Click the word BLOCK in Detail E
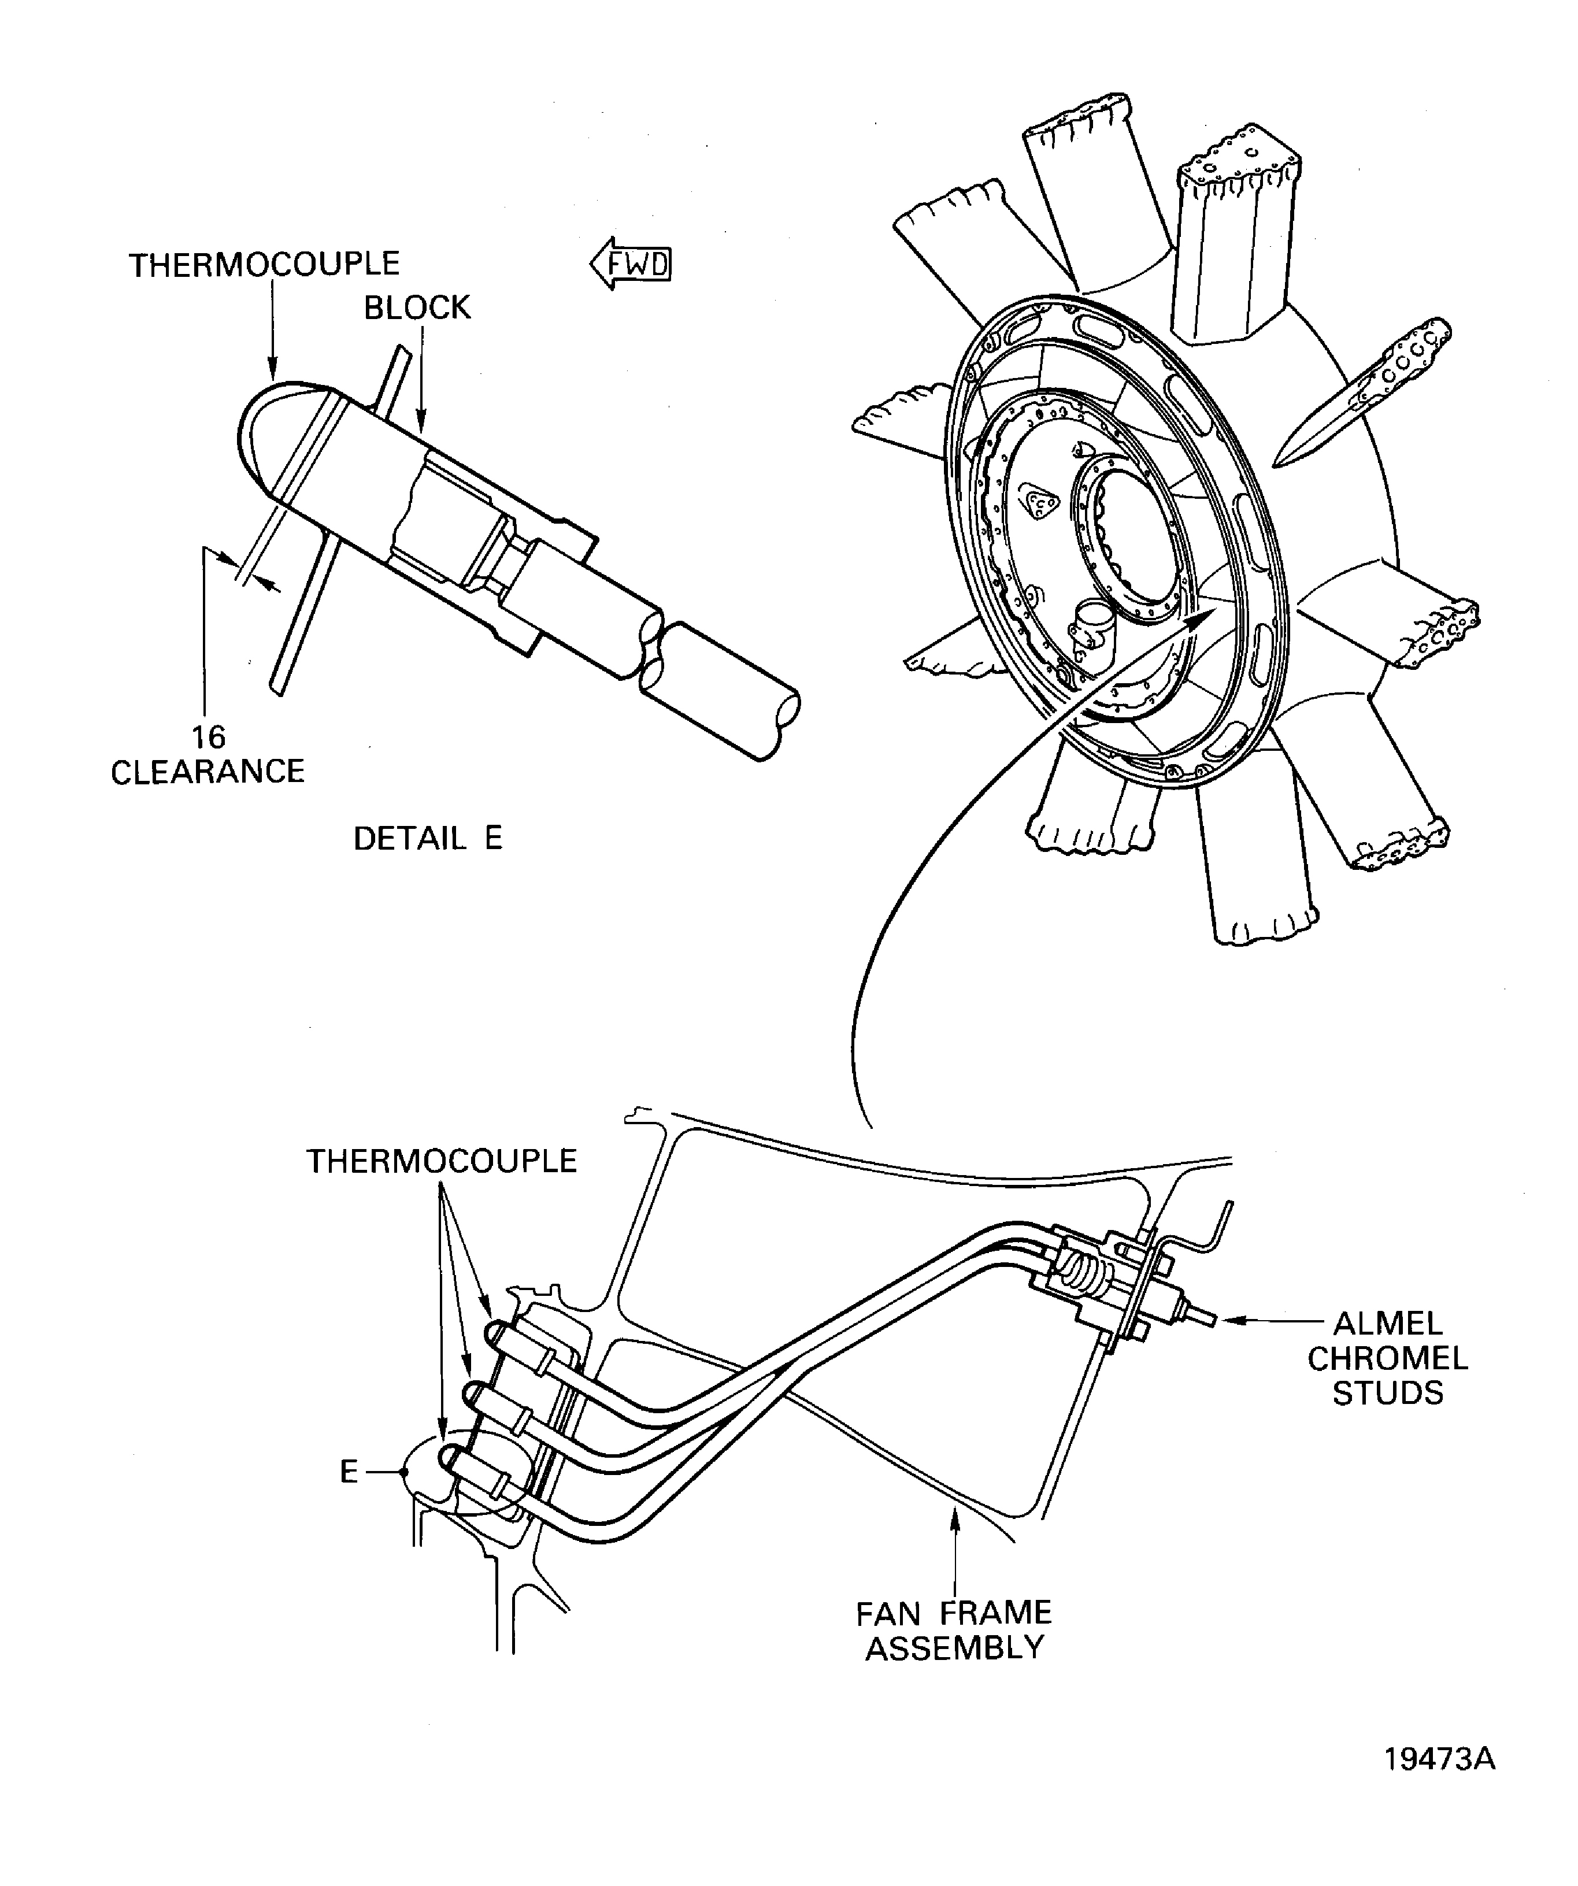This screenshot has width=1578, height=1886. [x=417, y=308]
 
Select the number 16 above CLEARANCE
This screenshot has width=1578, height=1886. [x=208, y=738]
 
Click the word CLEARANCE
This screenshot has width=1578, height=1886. [x=208, y=772]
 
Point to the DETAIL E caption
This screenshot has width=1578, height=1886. [x=428, y=839]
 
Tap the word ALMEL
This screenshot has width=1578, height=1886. [x=1388, y=1324]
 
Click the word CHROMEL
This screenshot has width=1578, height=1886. [x=1388, y=1358]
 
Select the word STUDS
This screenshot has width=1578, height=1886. [x=1388, y=1393]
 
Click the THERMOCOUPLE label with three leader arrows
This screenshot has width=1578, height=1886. [x=441, y=1161]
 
